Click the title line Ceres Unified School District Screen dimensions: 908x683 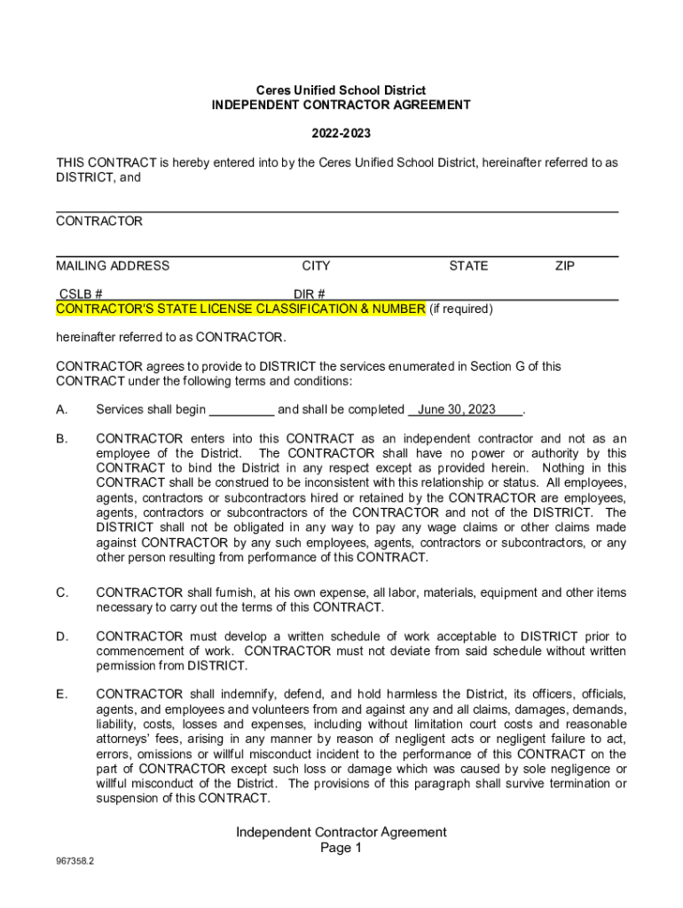[x=341, y=90]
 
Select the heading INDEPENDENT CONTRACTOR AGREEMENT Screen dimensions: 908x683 [x=341, y=105]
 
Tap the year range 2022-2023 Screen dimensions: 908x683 [x=341, y=134]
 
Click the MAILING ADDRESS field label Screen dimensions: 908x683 [x=113, y=266]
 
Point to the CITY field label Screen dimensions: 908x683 [x=316, y=266]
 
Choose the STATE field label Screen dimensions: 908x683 [x=468, y=266]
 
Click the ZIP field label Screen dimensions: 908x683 [x=565, y=266]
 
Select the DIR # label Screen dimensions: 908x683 [x=310, y=294]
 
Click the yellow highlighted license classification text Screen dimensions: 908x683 [x=240, y=309]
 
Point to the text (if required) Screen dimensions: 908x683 [x=461, y=309]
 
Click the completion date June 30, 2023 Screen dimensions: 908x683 [x=457, y=410]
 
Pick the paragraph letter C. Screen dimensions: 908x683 [x=62, y=592]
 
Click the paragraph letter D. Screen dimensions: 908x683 [x=62, y=637]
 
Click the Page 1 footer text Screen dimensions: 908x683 [x=341, y=849]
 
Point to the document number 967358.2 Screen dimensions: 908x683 [x=75, y=860]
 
